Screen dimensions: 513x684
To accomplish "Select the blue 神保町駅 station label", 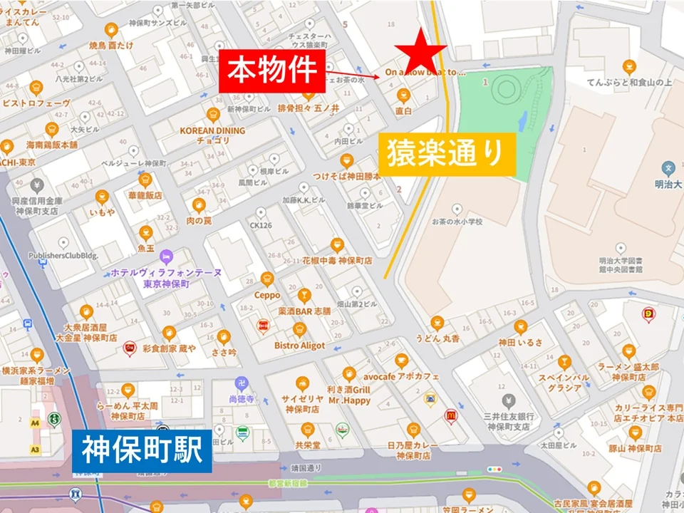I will click(142, 450).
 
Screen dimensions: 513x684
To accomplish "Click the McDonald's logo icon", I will click(450, 415).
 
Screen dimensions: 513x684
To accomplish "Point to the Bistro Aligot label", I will click(299, 346).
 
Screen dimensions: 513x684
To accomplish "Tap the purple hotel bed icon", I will click(166, 256).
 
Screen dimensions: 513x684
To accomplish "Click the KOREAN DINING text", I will click(212, 131).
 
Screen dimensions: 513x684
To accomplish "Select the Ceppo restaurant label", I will click(267, 295).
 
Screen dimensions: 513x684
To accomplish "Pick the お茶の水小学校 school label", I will click(457, 222).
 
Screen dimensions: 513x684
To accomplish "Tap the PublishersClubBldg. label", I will click(63, 256).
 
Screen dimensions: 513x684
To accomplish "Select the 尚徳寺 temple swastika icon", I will click(241, 383).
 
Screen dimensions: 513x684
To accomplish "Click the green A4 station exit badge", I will click(34, 423).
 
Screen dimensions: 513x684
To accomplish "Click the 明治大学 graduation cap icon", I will click(668, 169).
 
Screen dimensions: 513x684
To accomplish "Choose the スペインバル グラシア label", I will click(564, 382).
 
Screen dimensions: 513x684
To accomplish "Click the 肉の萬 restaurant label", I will click(199, 221).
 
